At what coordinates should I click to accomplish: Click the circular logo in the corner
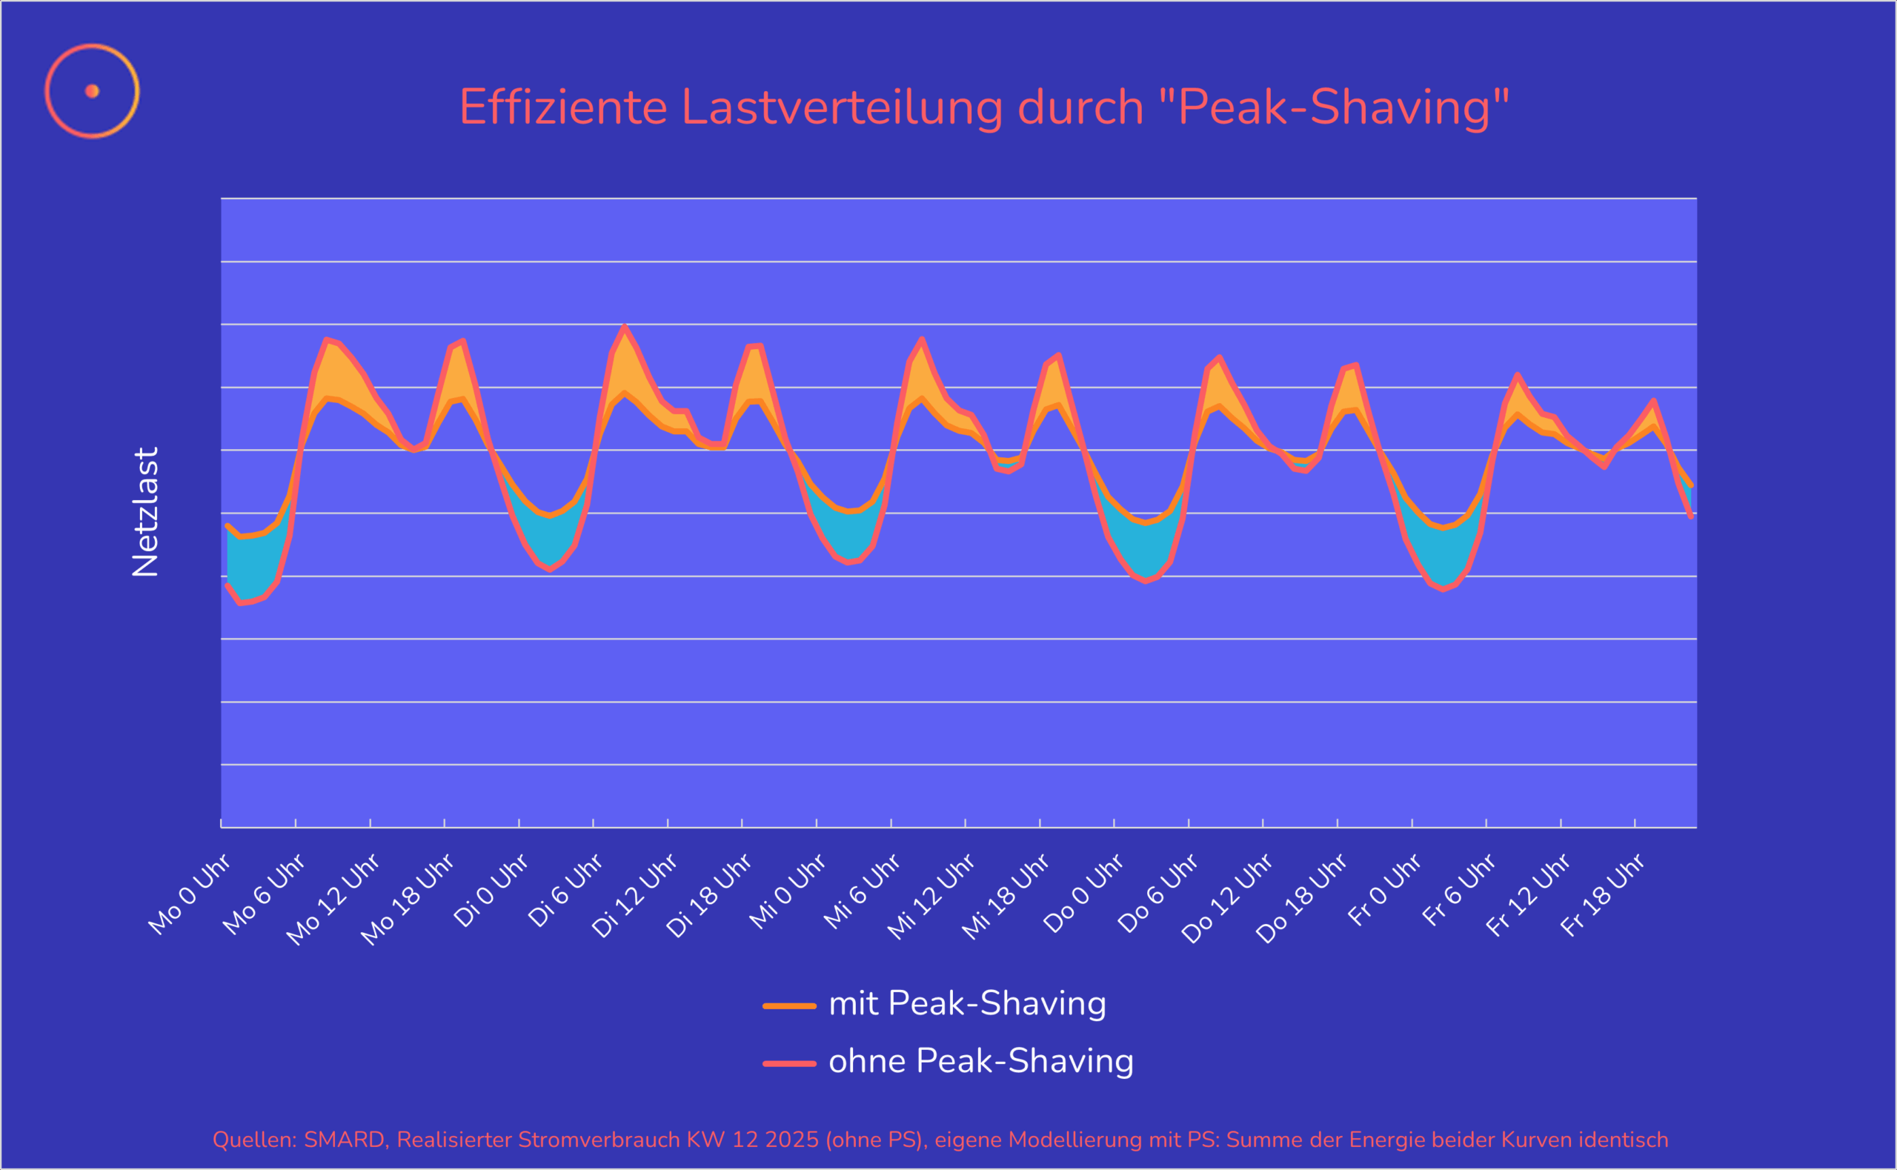(92, 91)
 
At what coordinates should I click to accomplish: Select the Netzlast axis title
(145, 511)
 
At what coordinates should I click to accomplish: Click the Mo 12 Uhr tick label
(333, 899)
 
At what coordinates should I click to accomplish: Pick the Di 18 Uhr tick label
(708, 896)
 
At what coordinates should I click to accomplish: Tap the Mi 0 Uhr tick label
(788, 891)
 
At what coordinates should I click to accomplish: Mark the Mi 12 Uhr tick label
(931, 897)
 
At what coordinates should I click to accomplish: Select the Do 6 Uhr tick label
(1158, 893)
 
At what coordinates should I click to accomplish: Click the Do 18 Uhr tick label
(1301, 898)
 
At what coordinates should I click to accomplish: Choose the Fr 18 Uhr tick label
(1602, 895)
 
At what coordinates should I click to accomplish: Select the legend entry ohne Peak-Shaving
(980, 1061)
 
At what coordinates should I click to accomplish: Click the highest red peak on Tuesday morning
(625, 327)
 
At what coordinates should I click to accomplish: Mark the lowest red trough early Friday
(1443, 590)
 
